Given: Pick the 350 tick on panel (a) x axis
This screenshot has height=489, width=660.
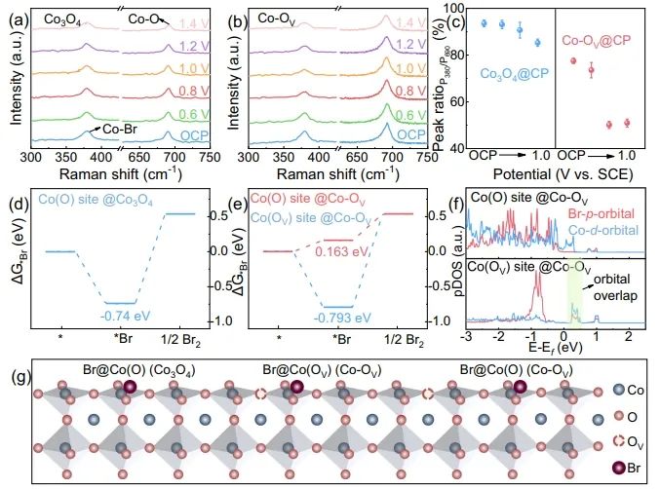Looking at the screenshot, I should (78, 157).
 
